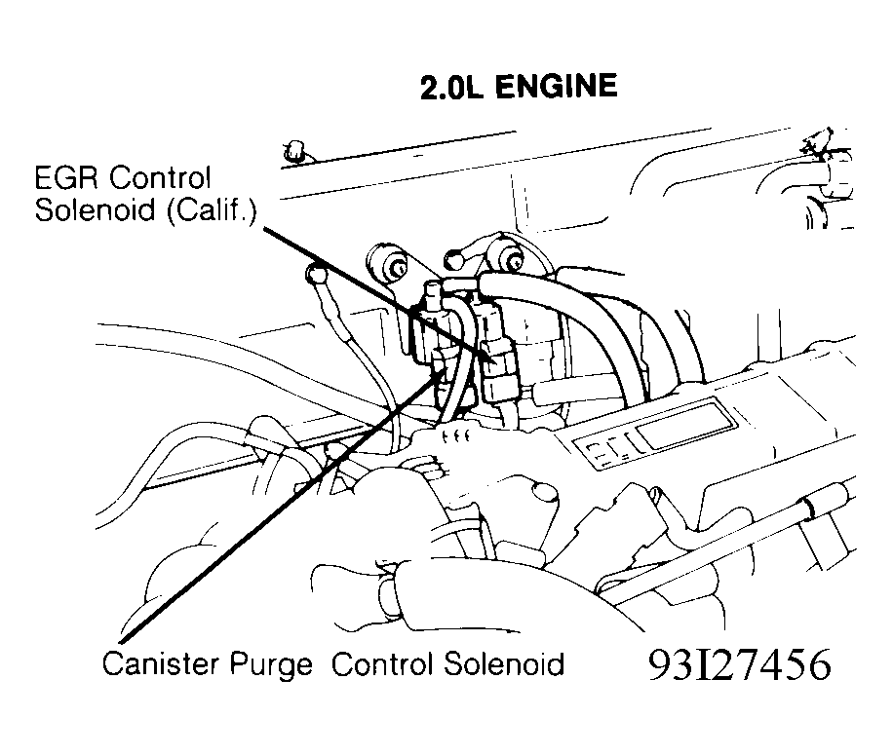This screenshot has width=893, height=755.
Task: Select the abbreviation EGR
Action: [68, 178]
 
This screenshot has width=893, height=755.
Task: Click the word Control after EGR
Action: [160, 178]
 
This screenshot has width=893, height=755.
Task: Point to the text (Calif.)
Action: [212, 210]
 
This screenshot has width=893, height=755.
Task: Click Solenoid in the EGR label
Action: [96, 210]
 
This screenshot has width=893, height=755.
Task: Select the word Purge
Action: [271, 665]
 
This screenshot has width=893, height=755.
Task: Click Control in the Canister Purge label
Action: [381, 663]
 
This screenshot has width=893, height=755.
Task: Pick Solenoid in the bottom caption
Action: [503, 663]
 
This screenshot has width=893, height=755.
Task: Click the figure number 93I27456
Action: [740, 664]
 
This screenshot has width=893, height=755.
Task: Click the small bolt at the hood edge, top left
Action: [292, 152]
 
